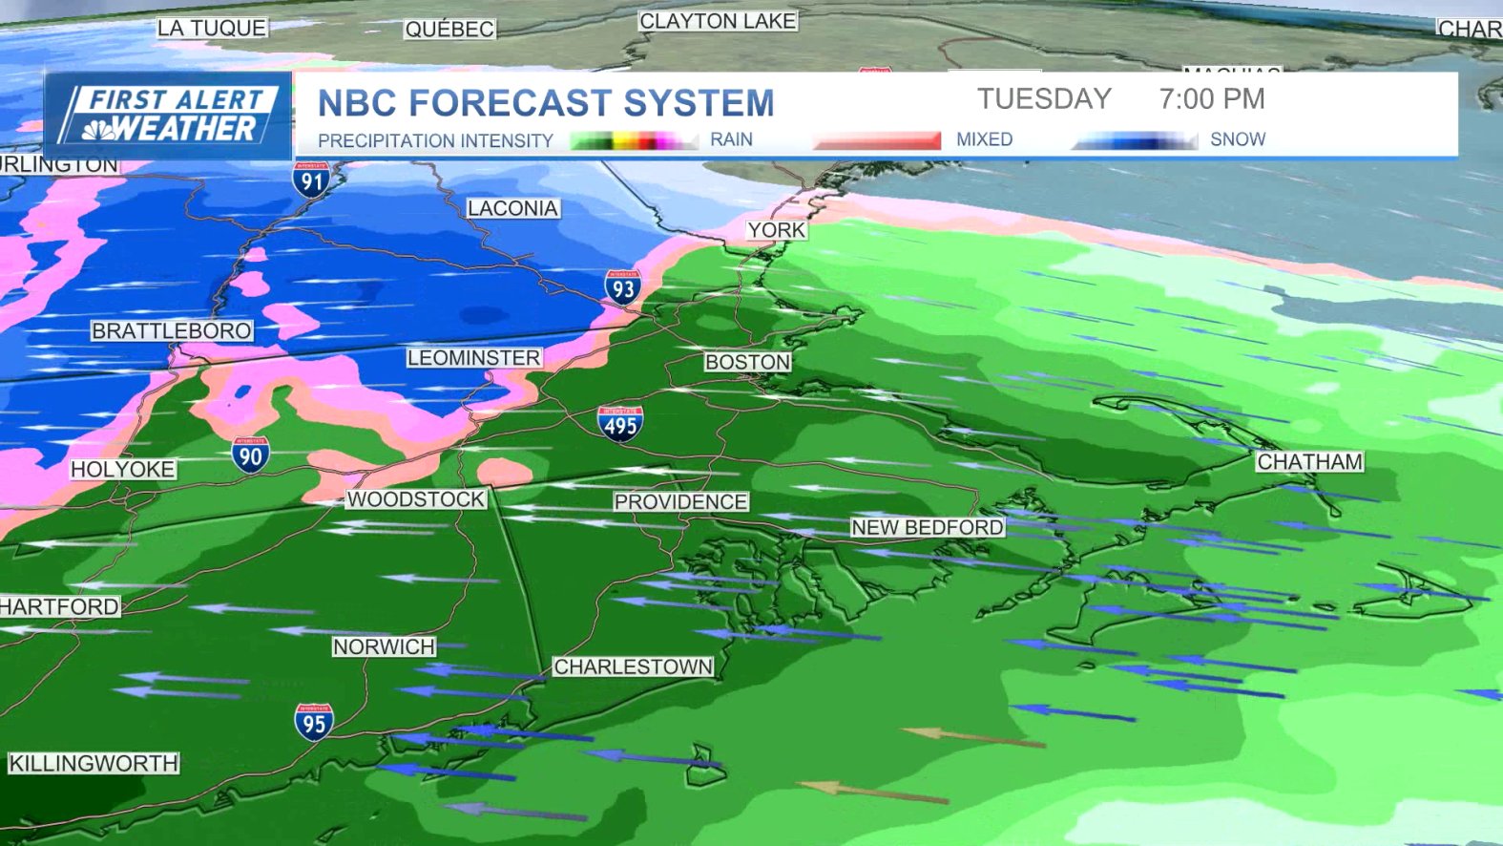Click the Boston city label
pos(747,362)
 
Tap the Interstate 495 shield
pos(620,423)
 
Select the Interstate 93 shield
pos(622,287)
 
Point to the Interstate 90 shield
pos(250,455)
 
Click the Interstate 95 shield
pos(314,723)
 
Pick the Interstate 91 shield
pos(311,180)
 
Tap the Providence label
pos(680,501)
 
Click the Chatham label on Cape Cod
pos(1309,461)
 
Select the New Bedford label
pos(927,527)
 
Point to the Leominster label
pos(473,357)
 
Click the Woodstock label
pos(416,498)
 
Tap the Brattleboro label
pos(172,330)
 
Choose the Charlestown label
pos(633,666)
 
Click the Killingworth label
pos(94,763)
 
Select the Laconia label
pos(512,208)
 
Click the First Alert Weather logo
pos(168,115)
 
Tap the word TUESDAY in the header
pos(1044,98)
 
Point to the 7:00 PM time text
pos(1212,98)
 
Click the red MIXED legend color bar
pos(878,140)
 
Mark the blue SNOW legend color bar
pos(1136,141)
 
